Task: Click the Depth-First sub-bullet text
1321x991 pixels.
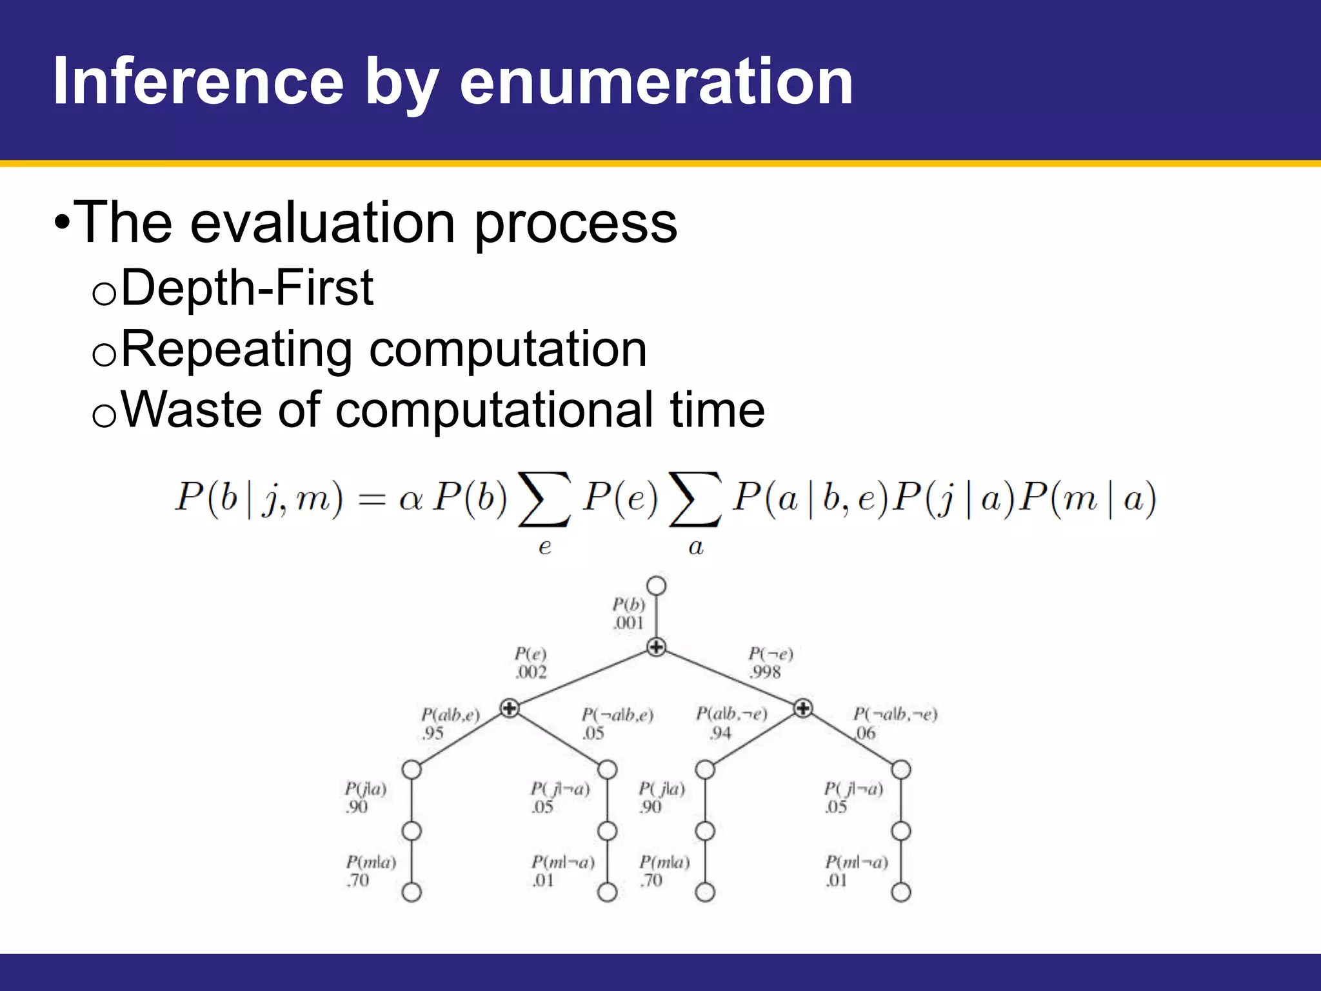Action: tap(246, 288)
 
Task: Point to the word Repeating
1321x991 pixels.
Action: tap(236, 350)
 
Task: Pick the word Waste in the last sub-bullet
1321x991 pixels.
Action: tap(189, 410)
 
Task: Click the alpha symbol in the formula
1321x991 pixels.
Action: tap(410, 499)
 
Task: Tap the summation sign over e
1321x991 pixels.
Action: tap(545, 500)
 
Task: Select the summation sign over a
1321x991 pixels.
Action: tap(695, 500)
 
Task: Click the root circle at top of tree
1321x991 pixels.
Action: tap(656, 586)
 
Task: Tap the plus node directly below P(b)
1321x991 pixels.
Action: tap(656, 646)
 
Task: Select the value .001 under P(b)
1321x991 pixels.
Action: tap(628, 623)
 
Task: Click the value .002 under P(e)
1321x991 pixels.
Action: tap(531, 672)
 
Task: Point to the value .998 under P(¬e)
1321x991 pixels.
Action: tap(765, 672)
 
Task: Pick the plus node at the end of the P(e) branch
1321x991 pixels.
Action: tap(510, 708)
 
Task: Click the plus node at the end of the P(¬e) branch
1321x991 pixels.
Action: tap(803, 708)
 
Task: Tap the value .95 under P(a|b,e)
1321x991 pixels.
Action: tap(433, 734)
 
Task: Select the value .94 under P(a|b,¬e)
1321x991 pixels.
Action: tap(720, 734)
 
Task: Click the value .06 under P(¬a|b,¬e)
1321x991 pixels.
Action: tap(866, 734)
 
